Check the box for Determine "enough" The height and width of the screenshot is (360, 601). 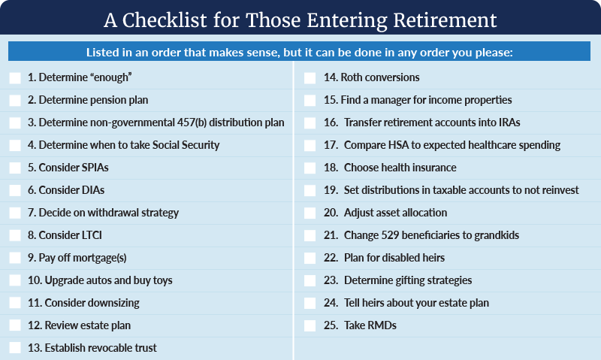[15, 78]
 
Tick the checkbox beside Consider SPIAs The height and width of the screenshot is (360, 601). [15, 168]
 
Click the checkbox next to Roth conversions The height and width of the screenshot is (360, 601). [310, 78]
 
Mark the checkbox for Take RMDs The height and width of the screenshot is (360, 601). [310, 326]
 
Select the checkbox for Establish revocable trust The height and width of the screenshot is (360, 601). [15, 348]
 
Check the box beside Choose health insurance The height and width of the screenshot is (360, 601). [310, 168]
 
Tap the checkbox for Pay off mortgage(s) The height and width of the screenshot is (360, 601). [15, 258]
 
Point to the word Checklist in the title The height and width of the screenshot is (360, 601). [165, 20]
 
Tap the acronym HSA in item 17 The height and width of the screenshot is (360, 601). [399, 145]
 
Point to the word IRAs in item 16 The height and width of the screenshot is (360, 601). [509, 123]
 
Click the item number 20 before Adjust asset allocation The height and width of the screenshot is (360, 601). [331, 213]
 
